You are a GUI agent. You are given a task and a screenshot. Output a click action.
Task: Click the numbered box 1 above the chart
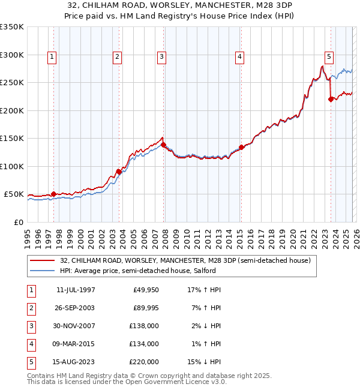pyautogui.click(x=52, y=57)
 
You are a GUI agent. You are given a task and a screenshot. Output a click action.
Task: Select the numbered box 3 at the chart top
pyautogui.click(x=162, y=57)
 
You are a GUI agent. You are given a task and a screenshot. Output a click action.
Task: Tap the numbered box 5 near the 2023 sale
pyautogui.click(x=329, y=57)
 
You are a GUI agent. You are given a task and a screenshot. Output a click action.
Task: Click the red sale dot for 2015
pyautogui.click(x=241, y=147)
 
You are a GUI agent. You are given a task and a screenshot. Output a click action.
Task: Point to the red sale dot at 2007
pyautogui.click(x=164, y=145)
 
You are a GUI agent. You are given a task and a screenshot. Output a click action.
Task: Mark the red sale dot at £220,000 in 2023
pyautogui.click(x=331, y=100)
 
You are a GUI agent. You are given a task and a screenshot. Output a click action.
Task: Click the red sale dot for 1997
pyautogui.click(x=54, y=194)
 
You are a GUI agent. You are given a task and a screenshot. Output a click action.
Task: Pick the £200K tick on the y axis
pyautogui.click(x=12, y=110)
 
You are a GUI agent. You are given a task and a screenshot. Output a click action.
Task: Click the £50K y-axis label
pyautogui.click(x=14, y=194)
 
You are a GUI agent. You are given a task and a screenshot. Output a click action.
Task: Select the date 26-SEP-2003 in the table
pyautogui.click(x=76, y=308)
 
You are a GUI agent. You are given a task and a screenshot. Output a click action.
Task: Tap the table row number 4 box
pyautogui.click(x=30, y=344)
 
